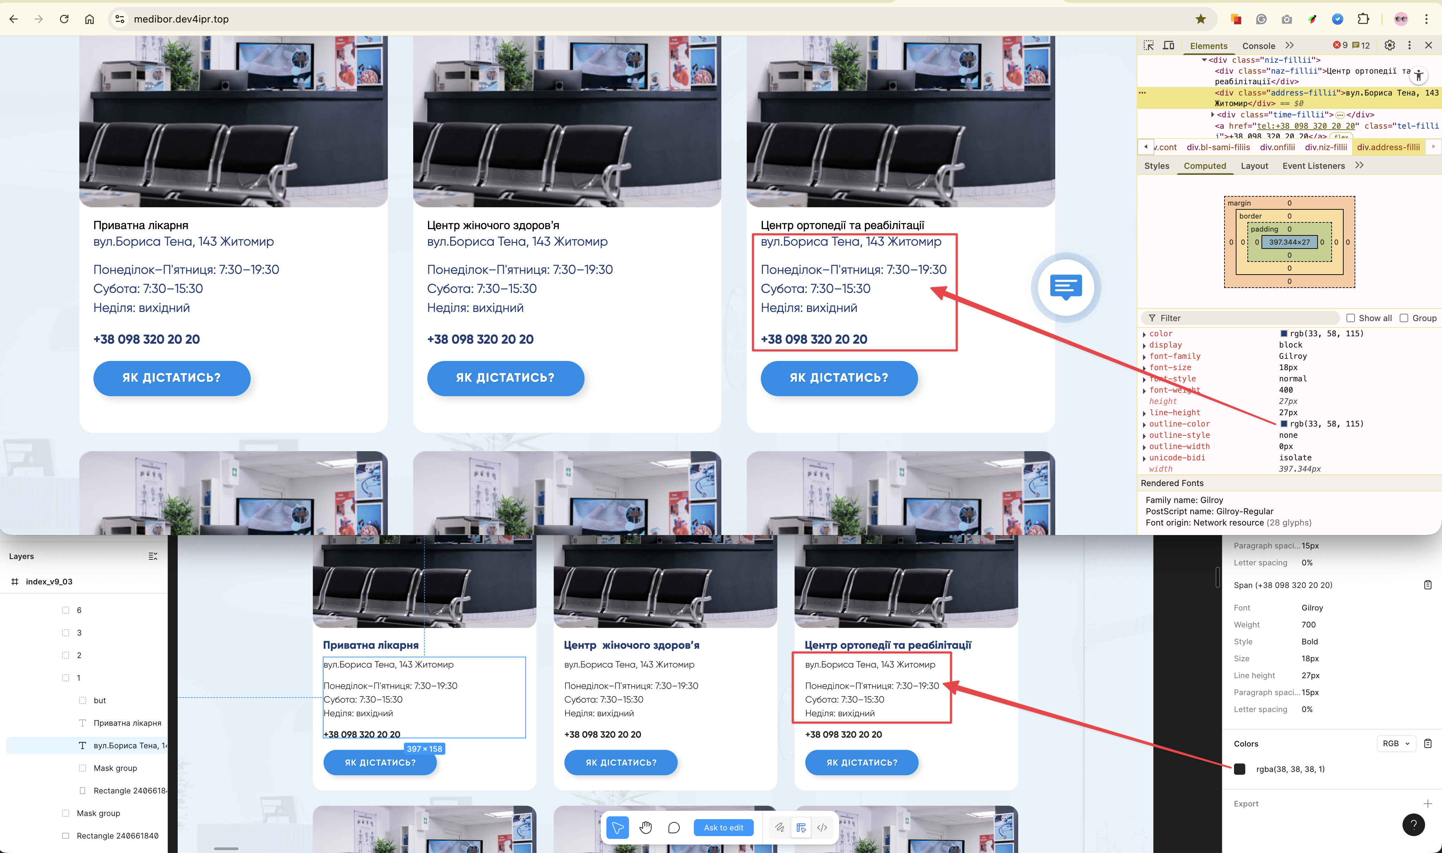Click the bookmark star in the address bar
1200,19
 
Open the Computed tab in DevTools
1204,166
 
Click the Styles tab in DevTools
1156,166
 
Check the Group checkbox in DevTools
1404,318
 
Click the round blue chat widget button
1065,287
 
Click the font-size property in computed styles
1170,367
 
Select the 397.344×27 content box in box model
1289,242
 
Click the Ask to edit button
723,828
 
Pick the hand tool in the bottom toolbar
646,828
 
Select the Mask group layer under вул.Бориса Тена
115,768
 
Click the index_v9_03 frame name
49,582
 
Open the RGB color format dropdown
1395,743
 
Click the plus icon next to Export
1427,804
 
